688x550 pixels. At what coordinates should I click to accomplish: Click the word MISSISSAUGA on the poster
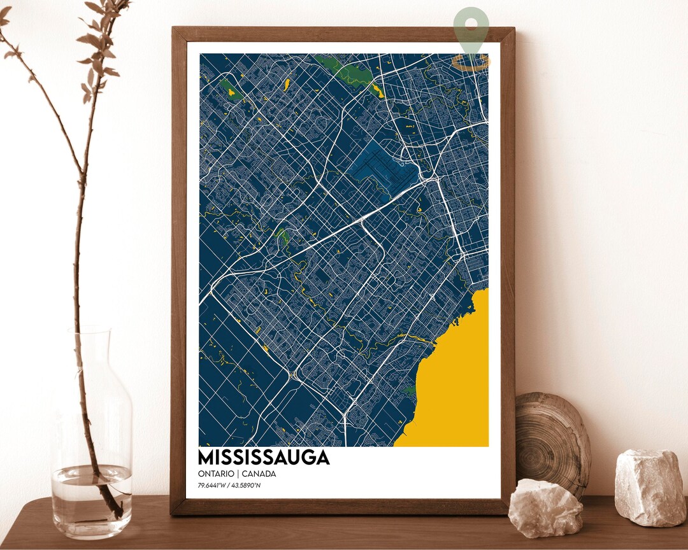(x=264, y=458)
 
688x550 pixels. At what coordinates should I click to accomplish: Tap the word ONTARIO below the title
(x=215, y=474)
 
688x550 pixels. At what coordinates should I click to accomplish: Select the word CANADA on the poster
(x=259, y=474)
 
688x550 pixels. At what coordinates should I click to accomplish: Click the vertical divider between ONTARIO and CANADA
(x=236, y=474)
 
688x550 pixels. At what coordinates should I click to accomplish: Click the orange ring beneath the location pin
(x=471, y=62)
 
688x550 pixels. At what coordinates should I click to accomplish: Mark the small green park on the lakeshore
(x=410, y=390)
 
